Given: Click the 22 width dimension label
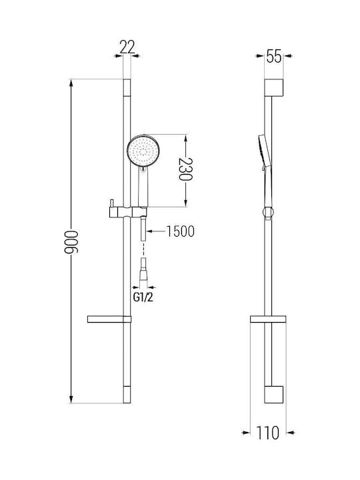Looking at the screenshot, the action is [x=127, y=47].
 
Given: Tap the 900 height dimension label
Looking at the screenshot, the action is [x=71, y=242].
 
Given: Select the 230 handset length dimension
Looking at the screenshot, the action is [x=185, y=169].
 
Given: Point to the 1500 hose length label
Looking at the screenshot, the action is [x=180, y=231].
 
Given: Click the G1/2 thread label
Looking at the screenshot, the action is [x=143, y=297].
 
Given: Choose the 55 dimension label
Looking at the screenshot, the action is [x=274, y=56].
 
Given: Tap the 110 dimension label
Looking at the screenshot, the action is [x=267, y=433].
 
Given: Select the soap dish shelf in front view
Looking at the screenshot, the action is [x=109, y=319].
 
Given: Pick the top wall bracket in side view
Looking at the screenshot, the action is [x=274, y=87].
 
